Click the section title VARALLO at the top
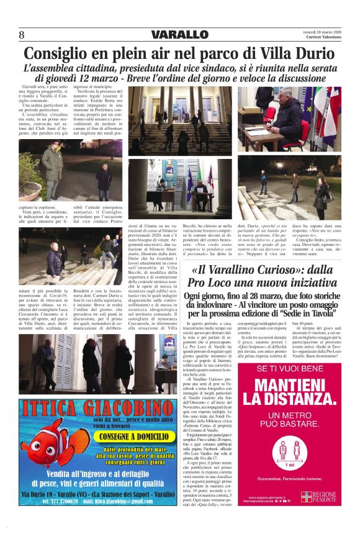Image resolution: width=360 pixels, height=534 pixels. [179, 34]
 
